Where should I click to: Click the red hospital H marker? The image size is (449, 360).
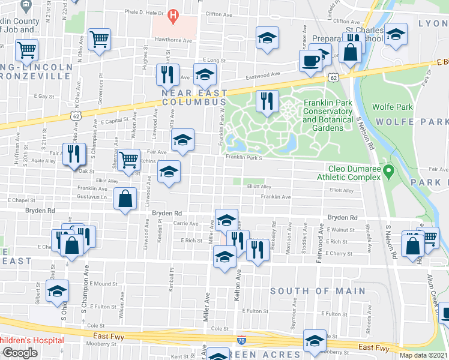[x=173, y=14]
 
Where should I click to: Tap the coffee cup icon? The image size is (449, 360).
[x=310, y=61]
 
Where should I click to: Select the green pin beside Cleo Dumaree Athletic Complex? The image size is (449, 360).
[x=388, y=173]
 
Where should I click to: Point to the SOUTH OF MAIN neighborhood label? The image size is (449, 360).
[x=318, y=291]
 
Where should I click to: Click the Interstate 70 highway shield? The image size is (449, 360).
[x=241, y=340]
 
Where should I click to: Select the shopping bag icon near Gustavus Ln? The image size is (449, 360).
[x=124, y=200]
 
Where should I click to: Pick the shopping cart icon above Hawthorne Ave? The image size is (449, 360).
[x=99, y=40]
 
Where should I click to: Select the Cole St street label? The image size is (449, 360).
[x=220, y=329]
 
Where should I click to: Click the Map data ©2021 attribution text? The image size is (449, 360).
[x=423, y=355]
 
